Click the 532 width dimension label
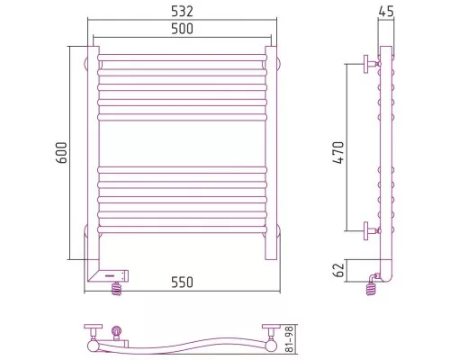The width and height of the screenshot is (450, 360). [182, 12]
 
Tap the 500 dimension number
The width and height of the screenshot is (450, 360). [182, 29]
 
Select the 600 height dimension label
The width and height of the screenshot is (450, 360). [61, 153]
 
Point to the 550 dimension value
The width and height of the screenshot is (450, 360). [182, 283]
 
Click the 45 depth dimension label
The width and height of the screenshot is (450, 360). [386, 12]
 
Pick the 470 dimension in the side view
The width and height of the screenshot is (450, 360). [338, 153]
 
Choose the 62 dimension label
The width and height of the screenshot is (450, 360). [338, 270]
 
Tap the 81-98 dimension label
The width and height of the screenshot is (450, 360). [289, 339]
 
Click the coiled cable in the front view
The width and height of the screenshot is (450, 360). [116, 289]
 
